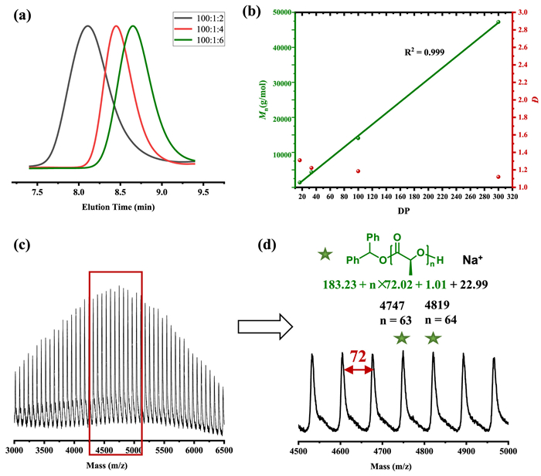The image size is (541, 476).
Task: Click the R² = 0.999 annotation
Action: click(x=424, y=52)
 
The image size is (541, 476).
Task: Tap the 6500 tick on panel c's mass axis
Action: click(x=223, y=449)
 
